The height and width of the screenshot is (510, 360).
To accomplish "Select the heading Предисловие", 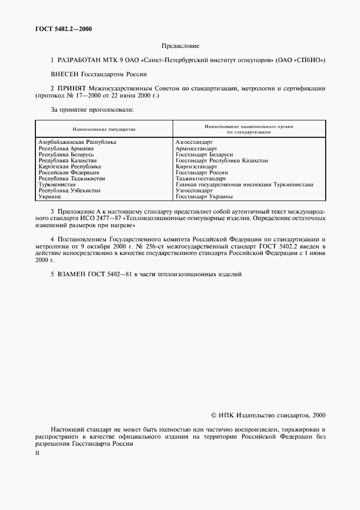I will click(180, 46).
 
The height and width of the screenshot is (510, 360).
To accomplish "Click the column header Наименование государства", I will click(103, 129).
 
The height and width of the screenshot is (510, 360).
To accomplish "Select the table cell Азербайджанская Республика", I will click(77, 142).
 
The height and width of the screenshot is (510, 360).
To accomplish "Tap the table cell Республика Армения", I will click(66, 148).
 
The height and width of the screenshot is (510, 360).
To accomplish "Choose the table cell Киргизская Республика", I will click(70, 167).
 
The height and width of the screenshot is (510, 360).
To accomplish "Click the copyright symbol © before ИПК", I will click(213, 415).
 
